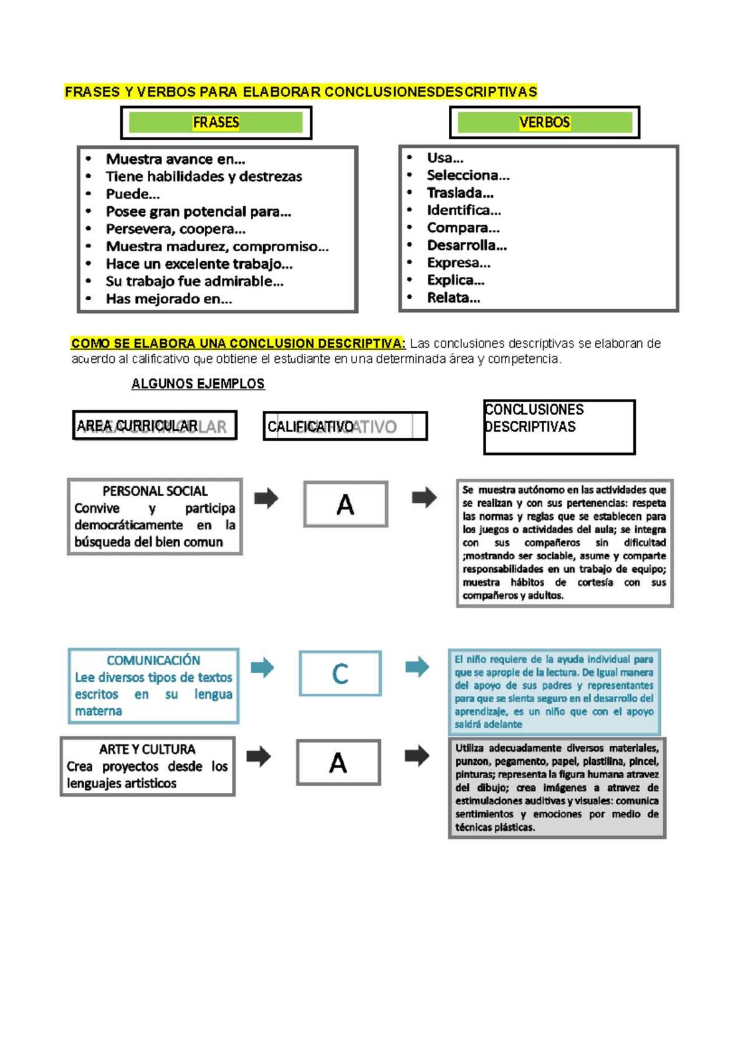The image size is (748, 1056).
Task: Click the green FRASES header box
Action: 216,122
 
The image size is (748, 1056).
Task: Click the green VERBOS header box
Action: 544,122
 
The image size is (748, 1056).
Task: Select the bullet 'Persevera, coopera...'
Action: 175,229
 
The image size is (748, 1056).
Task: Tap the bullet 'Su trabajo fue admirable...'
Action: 194,281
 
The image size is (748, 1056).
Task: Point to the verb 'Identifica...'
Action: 463,210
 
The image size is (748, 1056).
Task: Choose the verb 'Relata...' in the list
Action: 453,297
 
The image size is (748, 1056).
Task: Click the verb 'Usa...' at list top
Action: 444,158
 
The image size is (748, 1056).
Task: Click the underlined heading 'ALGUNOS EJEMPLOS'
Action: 198,383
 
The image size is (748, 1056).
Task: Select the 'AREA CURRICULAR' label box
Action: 155,426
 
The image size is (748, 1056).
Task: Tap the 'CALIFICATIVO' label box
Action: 345,426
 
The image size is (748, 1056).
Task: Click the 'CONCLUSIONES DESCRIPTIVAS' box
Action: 559,427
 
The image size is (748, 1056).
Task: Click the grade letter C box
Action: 340,673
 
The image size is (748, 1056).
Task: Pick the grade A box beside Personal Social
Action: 345,504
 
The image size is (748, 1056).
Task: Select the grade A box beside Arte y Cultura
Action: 338,762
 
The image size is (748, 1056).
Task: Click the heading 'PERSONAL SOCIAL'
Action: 155,491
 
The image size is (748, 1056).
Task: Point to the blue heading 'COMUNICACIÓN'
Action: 153,660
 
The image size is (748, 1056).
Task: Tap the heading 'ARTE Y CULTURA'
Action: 147,749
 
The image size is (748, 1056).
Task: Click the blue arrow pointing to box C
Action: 262,668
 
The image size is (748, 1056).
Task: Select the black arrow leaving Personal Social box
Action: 266,498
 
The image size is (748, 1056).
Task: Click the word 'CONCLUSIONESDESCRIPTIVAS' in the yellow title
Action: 430,92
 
